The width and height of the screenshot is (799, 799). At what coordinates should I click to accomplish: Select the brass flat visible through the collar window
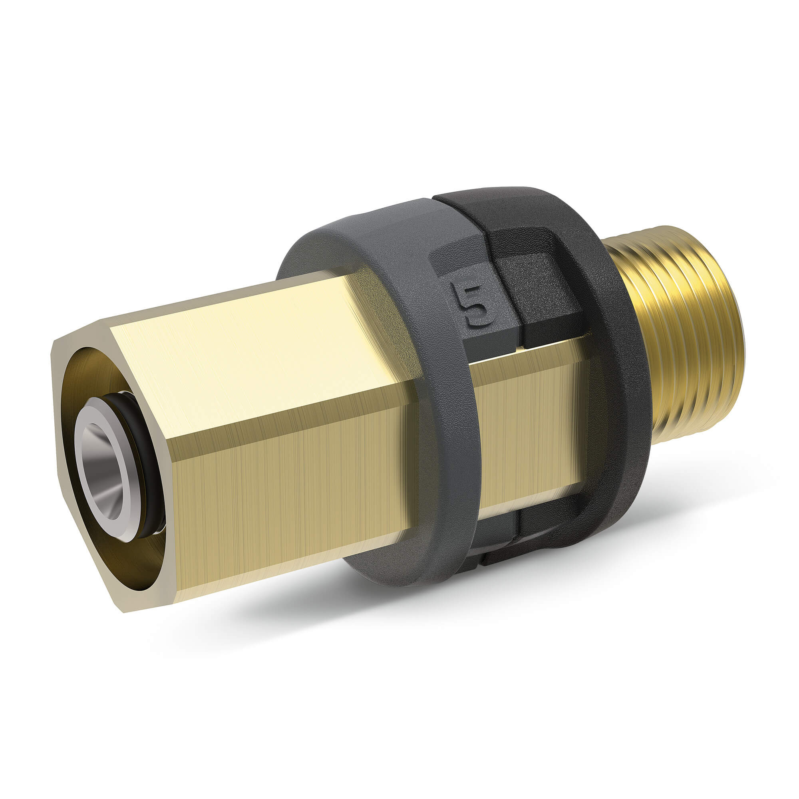coord(533,422)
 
